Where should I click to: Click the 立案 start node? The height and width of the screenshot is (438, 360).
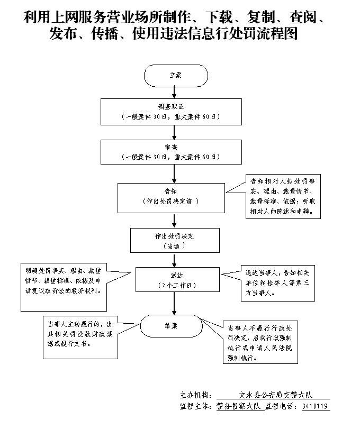175,76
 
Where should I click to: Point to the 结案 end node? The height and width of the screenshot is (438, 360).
171,326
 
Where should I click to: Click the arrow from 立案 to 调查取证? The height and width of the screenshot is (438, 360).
174,94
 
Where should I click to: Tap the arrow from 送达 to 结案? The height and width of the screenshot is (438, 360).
174,304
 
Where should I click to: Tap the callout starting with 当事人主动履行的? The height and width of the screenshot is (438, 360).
80,337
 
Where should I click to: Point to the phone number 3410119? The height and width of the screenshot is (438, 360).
316,407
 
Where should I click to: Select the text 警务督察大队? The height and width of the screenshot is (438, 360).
239,407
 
